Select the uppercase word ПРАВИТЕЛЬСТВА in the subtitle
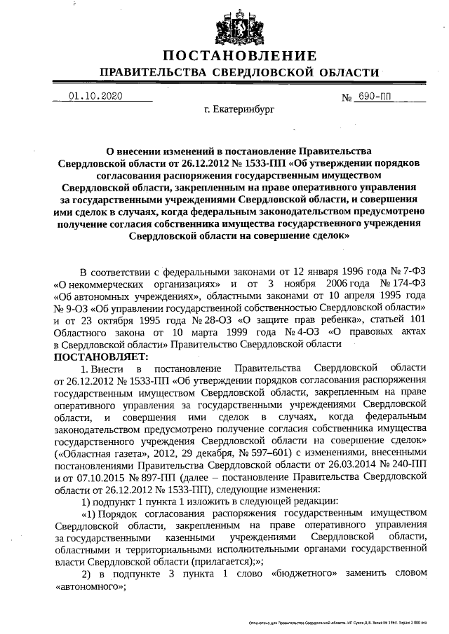coord(150,73)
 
